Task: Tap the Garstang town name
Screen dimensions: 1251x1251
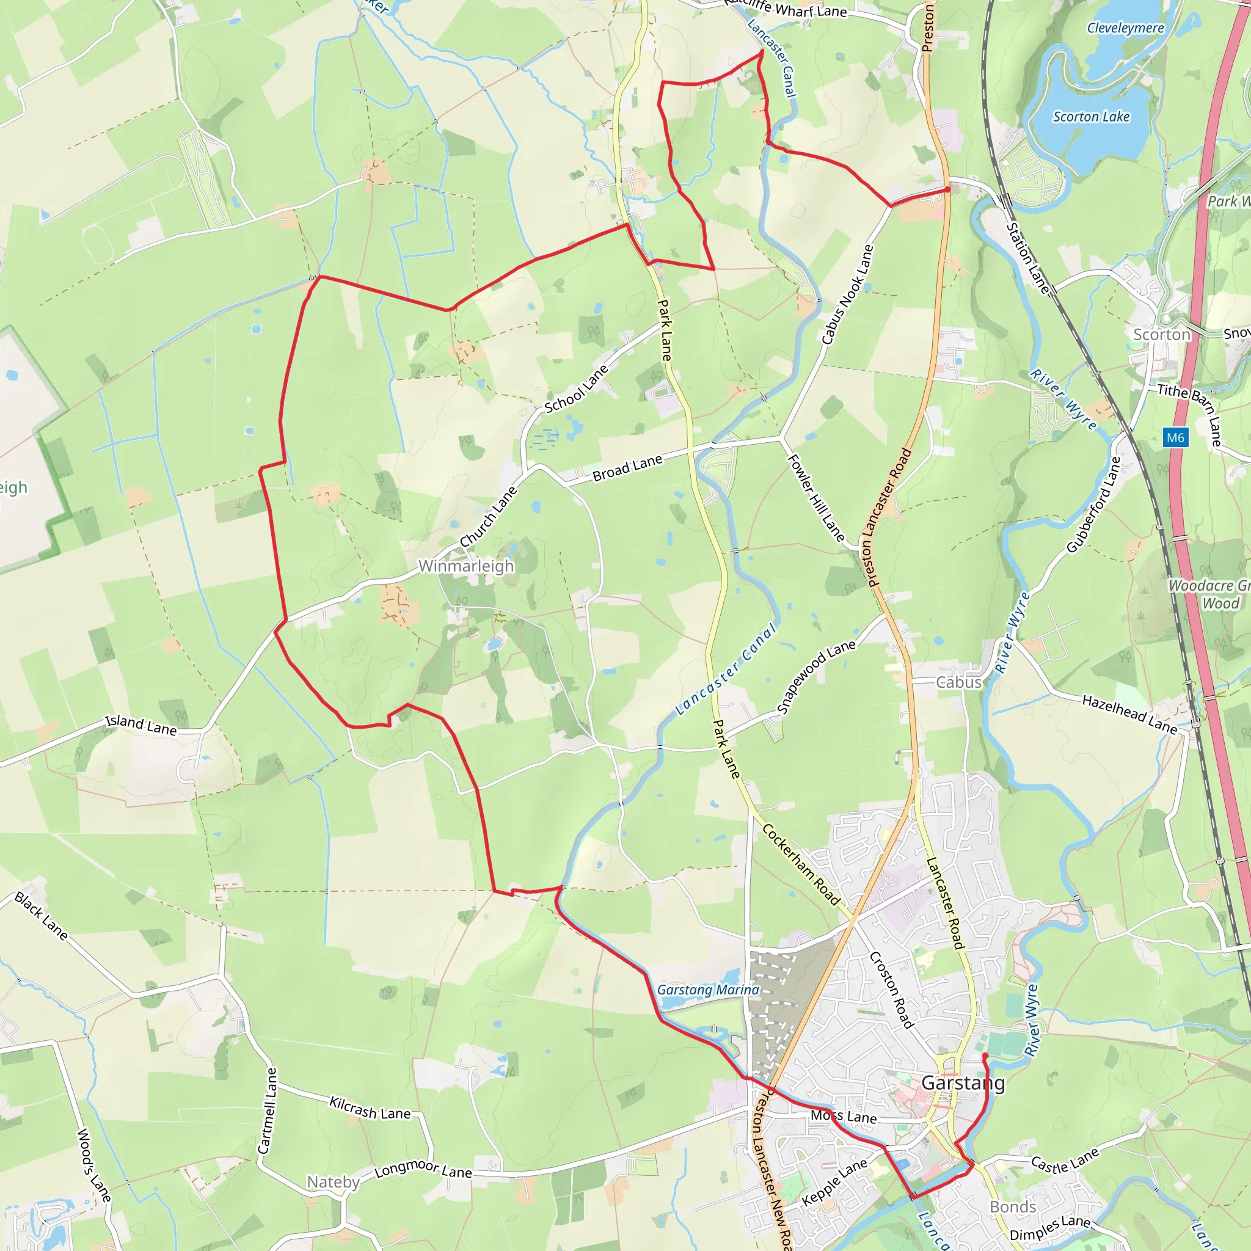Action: point(963,1082)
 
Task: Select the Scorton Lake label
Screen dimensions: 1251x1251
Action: point(1091,117)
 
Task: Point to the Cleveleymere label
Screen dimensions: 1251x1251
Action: point(1125,28)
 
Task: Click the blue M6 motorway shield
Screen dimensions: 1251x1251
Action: point(1175,438)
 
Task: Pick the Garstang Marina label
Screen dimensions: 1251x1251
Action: point(708,990)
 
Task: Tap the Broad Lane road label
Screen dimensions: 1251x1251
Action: point(627,467)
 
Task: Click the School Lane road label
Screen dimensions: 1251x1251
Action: point(576,388)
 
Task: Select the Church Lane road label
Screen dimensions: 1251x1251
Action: point(488,517)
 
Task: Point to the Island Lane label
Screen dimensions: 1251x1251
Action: point(141,725)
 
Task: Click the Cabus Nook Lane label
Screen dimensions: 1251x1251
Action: point(848,294)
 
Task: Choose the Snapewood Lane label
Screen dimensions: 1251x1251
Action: point(817,677)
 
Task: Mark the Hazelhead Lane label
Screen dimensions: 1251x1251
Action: point(1129,714)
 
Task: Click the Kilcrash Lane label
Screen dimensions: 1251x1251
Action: point(370,1108)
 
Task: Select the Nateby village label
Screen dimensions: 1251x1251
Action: point(333,1183)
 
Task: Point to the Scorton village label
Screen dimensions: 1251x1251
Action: point(1162,335)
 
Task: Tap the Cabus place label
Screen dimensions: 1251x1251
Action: point(959,682)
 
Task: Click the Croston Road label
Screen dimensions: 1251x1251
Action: point(892,990)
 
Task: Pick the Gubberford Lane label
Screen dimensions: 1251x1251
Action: point(1093,505)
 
